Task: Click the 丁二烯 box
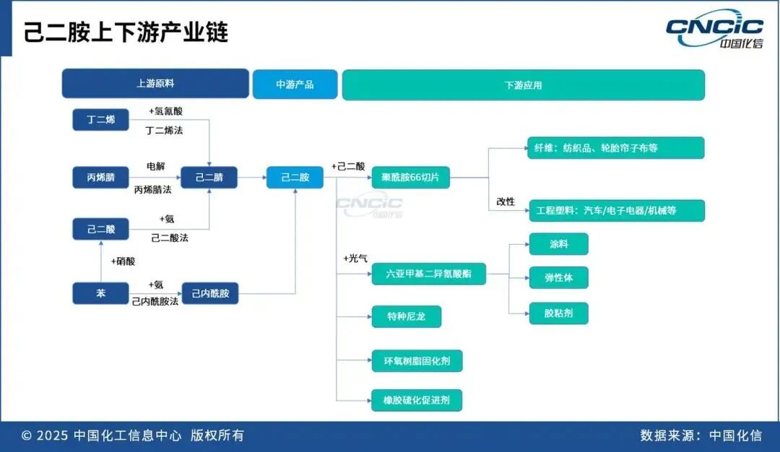click(x=100, y=120)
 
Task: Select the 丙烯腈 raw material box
click(x=100, y=177)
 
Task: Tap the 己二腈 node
click(x=209, y=177)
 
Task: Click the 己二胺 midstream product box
click(x=295, y=177)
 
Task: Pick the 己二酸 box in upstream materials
click(x=100, y=230)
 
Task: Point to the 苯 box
click(x=100, y=293)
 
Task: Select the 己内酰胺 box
click(x=209, y=293)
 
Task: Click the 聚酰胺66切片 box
click(x=410, y=177)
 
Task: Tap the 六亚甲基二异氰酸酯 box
click(x=428, y=274)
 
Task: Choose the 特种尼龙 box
click(x=406, y=316)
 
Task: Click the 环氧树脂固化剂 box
click(x=417, y=360)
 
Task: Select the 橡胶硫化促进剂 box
click(x=417, y=400)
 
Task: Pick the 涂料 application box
click(x=558, y=244)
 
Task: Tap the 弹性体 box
click(x=558, y=277)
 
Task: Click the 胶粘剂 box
click(x=558, y=313)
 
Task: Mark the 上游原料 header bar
click(x=155, y=84)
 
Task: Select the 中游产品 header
click(x=295, y=84)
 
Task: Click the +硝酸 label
click(x=123, y=261)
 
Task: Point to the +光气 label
click(x=355, y=258)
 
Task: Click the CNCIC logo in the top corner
click(x=715, y=31)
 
